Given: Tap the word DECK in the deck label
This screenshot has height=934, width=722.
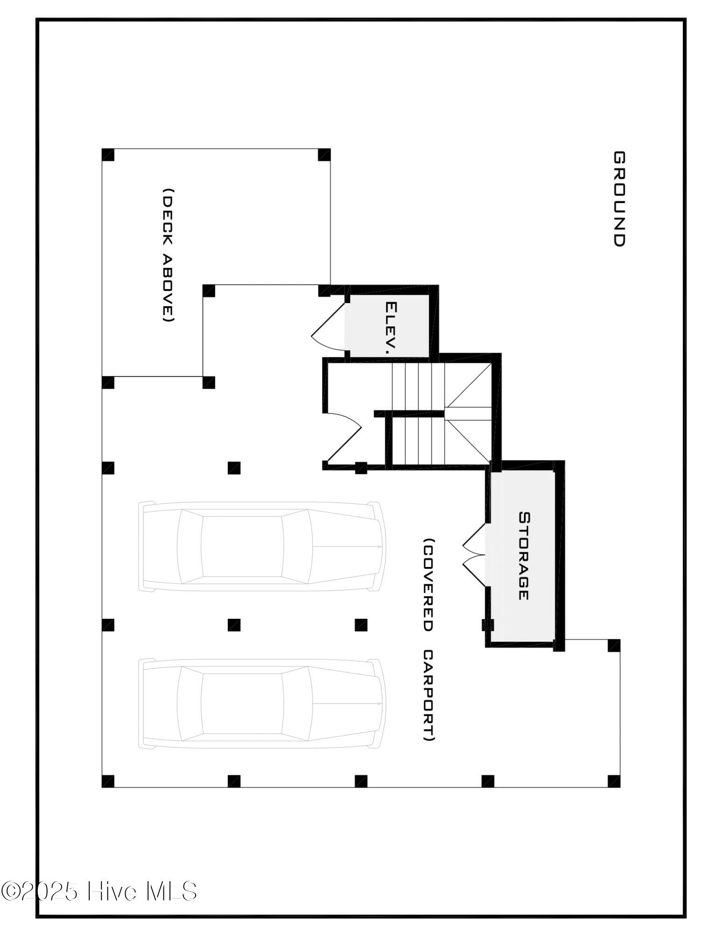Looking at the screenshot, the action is tap(168, 214).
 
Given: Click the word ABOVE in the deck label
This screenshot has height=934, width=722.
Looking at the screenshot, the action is tap(168, 288).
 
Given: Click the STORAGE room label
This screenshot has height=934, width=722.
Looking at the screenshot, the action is tap(524, 556).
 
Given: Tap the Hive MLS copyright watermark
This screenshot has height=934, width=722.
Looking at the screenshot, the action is tap(99, 891).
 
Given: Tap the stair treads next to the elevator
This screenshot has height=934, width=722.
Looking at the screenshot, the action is tap(418, 387).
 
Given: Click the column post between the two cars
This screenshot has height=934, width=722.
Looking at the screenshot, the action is tap(234, 625).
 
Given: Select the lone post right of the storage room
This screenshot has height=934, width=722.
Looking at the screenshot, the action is tap(614, 645).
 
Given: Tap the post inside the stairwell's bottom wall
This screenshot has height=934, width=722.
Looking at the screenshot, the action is tap(361, 467).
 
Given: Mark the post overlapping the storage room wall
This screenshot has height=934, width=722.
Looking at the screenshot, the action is tap(488, 625).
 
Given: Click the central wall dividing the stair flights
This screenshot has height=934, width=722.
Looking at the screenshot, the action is tap(409, 414).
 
